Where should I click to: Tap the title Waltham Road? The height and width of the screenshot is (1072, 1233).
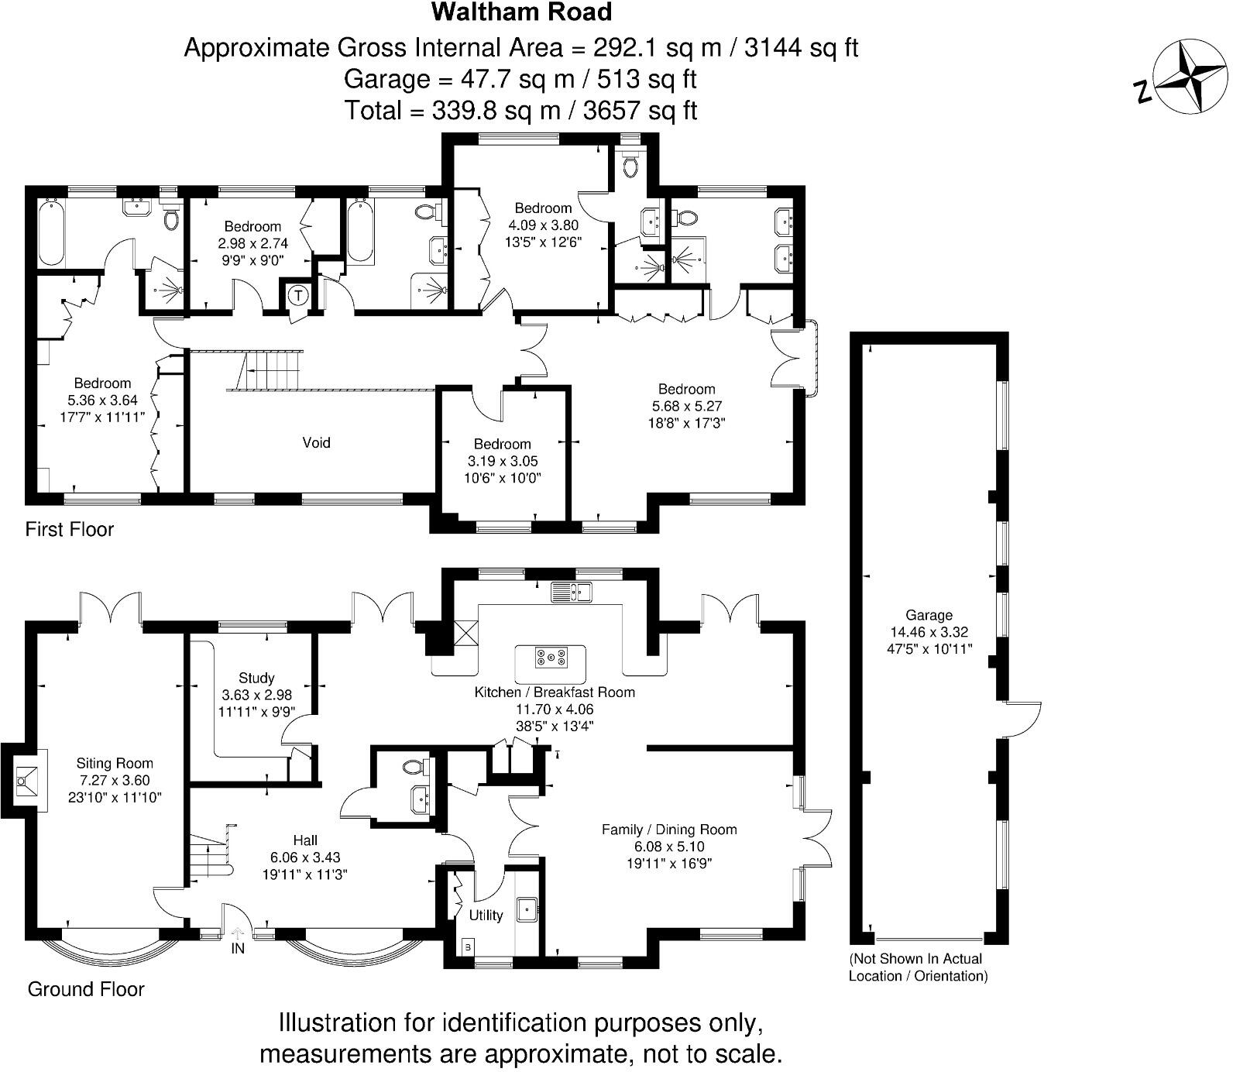pos(521,12)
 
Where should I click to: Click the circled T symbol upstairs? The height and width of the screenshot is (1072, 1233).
pos(298,295)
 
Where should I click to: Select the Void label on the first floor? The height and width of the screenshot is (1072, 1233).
pos(316,442)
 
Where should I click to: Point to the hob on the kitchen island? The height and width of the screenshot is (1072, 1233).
pos(551,658)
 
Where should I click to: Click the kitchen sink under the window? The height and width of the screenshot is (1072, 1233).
pos(572,593)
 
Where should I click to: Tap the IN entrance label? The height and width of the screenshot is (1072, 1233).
pos(237,948)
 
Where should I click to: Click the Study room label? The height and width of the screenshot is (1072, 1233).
pos(256,678)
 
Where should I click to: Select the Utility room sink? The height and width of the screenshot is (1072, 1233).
pos(528,908)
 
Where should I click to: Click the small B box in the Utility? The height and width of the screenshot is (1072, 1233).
pos(467,946)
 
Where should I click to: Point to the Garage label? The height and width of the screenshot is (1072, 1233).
pos(929,615)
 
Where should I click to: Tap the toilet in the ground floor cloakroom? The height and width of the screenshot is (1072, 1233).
pos(415,768)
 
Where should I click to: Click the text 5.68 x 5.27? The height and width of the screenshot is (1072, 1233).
pos(686,406)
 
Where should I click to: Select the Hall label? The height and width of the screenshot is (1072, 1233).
pos(305,840)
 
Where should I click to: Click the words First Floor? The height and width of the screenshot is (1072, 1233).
pos(70,529)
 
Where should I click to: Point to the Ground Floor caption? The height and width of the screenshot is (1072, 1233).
pos(86,989)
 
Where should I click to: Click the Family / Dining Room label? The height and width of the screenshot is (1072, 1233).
pos(669,830)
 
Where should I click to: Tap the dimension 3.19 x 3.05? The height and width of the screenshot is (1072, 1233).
pos(502,461)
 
